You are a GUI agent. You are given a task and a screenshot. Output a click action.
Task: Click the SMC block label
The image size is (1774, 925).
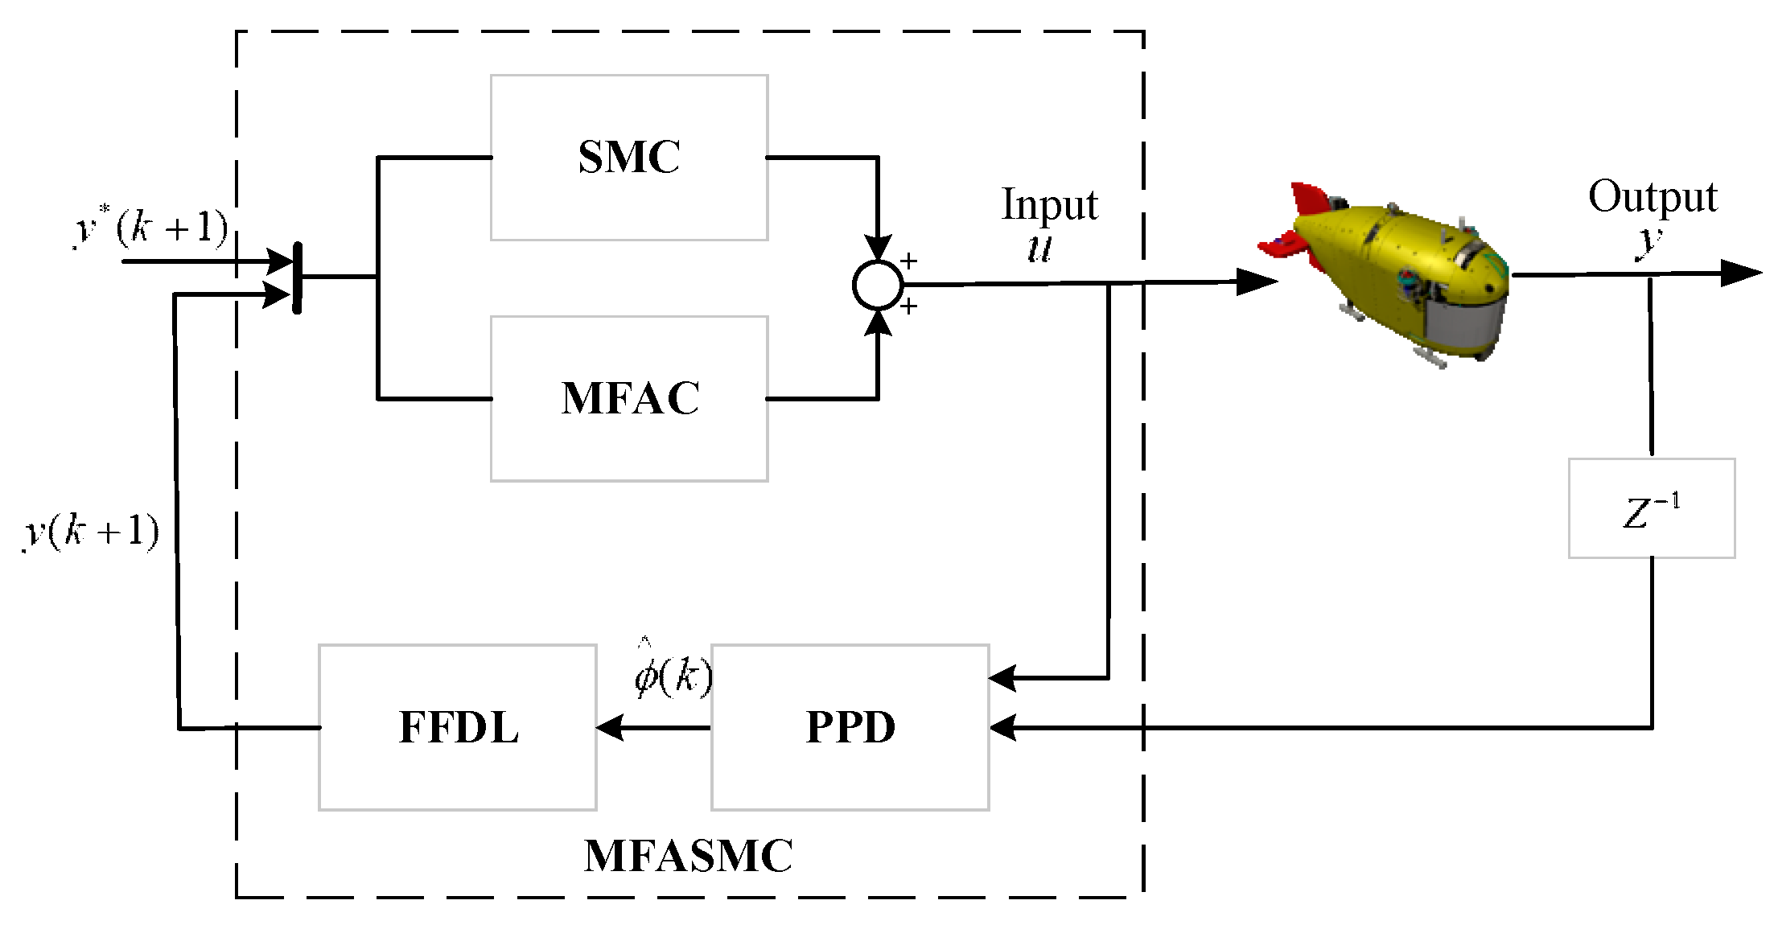click(x=629, y=157)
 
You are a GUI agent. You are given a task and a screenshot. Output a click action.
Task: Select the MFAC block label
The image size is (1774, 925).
click(x=630, y=398)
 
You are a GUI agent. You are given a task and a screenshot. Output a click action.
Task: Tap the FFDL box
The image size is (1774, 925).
click(x=458, y=727)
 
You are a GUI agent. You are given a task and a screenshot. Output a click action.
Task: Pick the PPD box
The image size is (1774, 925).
click(x=850, y=727)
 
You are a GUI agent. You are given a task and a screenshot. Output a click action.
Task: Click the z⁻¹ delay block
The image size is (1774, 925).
click(x=1652, y=509)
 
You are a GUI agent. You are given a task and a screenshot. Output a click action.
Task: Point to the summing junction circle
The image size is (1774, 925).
click(x=878, y=285)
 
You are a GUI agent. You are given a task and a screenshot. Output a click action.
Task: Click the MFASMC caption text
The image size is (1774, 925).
click(x=689, y=856)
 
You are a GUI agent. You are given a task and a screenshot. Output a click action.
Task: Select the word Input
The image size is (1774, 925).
click(x=1049, y=205)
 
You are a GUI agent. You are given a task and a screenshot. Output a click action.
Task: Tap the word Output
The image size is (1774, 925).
click(x=1653, y=197)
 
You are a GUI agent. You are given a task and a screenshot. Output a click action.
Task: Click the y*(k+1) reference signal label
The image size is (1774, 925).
click(x=151, y=228)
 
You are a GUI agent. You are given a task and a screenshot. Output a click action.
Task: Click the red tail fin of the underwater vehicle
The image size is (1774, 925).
click(x=1307, y=201)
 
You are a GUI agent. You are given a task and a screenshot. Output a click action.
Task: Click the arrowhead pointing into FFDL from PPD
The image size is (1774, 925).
click(x=610, y=727)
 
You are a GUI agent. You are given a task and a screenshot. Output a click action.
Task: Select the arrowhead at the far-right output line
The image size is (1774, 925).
click(x=1741, y=273)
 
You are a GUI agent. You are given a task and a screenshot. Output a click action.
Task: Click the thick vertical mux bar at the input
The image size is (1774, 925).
click(x=297, y=277)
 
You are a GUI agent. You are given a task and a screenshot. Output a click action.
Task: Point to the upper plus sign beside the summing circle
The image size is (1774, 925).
click(x=909, y=261)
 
